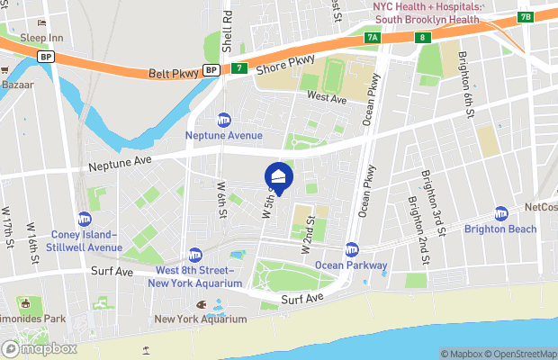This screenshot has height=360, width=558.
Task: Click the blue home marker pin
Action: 278,176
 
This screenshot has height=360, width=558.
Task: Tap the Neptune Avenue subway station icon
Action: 224,120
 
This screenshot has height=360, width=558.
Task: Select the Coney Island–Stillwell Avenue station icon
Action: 85,219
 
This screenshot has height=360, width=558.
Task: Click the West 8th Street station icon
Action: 194,255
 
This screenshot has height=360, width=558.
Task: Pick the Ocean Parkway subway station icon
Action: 352,249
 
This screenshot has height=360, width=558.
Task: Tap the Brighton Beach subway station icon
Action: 501,213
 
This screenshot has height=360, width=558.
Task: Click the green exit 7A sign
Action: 373,38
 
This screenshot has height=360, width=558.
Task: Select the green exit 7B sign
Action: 526,17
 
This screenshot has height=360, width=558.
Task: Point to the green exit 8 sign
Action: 421,37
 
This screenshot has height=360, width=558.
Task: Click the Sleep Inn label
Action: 41,38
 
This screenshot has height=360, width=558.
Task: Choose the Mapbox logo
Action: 40,348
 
